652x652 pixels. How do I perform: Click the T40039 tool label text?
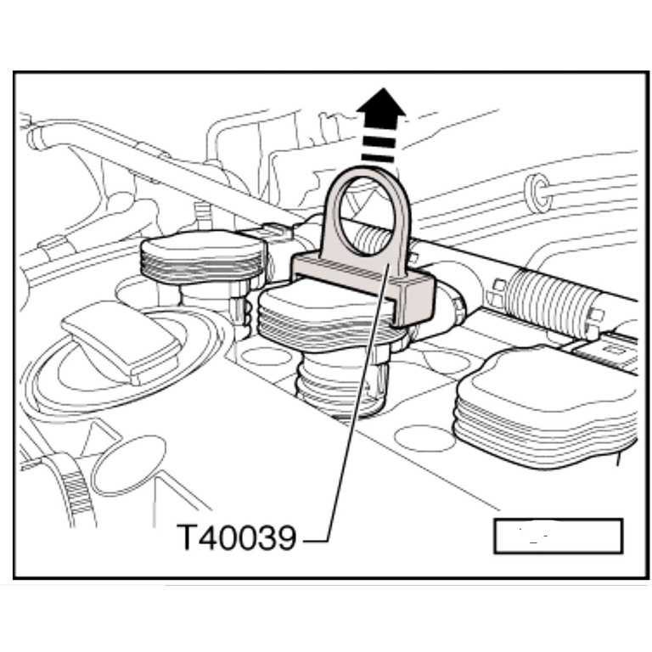pos(237,537)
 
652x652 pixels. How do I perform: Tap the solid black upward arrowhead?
pos(381,104)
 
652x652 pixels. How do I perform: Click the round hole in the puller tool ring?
pos(366,216)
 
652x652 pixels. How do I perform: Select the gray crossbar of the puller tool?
pos(363,284)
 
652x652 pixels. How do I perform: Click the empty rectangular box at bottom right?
pos(558,536)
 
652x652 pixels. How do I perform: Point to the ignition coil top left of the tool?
pos(204,256)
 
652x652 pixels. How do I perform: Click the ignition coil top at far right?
pos(546,407)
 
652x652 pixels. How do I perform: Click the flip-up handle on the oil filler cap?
pos(121,341)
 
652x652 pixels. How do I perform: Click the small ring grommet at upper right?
pos(538,193)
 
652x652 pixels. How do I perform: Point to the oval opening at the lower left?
pos(128,466)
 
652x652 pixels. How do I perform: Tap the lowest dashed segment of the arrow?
pos(379,158)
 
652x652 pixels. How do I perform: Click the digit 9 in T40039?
pos(285,537)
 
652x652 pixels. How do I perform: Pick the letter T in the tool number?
pos(187,537)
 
